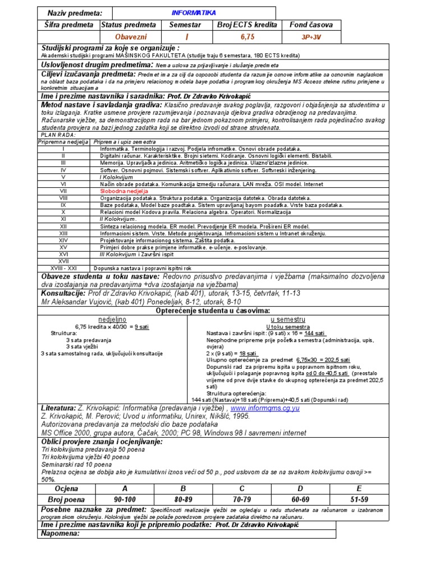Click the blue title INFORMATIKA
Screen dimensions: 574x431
[x=193, y=12]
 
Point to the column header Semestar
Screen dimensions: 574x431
[x=184, y=25]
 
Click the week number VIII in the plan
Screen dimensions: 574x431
[x=63, y=198]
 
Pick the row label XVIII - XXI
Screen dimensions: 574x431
[x=63, y=268]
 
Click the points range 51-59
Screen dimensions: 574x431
[x=360, y=499]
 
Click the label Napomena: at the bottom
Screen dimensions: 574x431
[x=61, y=533]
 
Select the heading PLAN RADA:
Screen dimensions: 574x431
[x=58, y=135]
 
